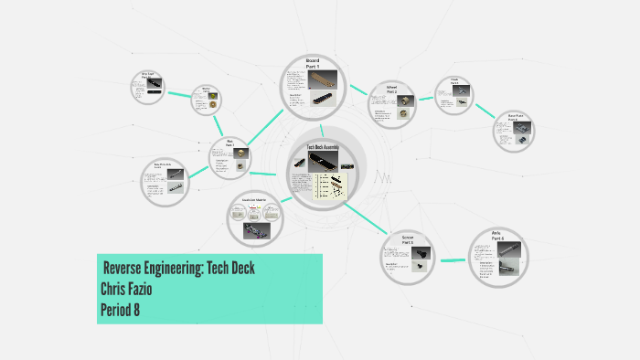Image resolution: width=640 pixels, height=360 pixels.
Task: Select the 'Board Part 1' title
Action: point(312,63)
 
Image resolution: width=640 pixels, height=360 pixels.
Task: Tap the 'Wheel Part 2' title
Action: point(390,90)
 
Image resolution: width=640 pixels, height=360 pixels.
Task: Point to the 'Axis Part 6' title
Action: point(496,237)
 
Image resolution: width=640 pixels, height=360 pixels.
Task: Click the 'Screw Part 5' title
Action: point(407,240)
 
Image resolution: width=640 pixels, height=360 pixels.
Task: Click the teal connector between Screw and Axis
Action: point(452,260)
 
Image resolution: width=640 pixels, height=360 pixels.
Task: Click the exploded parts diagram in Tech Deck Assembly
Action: point(332,186)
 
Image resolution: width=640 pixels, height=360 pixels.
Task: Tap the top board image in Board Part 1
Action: point(324,78)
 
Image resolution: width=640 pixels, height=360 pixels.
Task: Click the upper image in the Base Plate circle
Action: point(512,128)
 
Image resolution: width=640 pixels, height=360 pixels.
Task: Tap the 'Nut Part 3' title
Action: point(230,143)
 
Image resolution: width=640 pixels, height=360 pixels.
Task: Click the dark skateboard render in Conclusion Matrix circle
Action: point(256,229)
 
